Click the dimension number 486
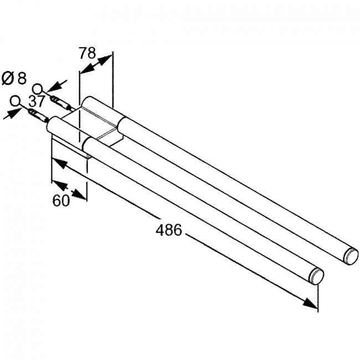point(168,230)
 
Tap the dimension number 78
point(88,53)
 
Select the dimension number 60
point(61,200)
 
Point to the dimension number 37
point(37,101)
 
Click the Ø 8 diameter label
point(14,79)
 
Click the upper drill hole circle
point(38,89)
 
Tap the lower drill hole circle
point(15,101)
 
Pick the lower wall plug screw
point(38,116)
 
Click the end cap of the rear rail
point(352,256)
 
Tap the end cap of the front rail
point(317,276)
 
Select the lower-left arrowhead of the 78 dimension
point(87,69)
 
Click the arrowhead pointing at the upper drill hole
point(54,86)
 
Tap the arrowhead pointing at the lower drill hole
point(13,114)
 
